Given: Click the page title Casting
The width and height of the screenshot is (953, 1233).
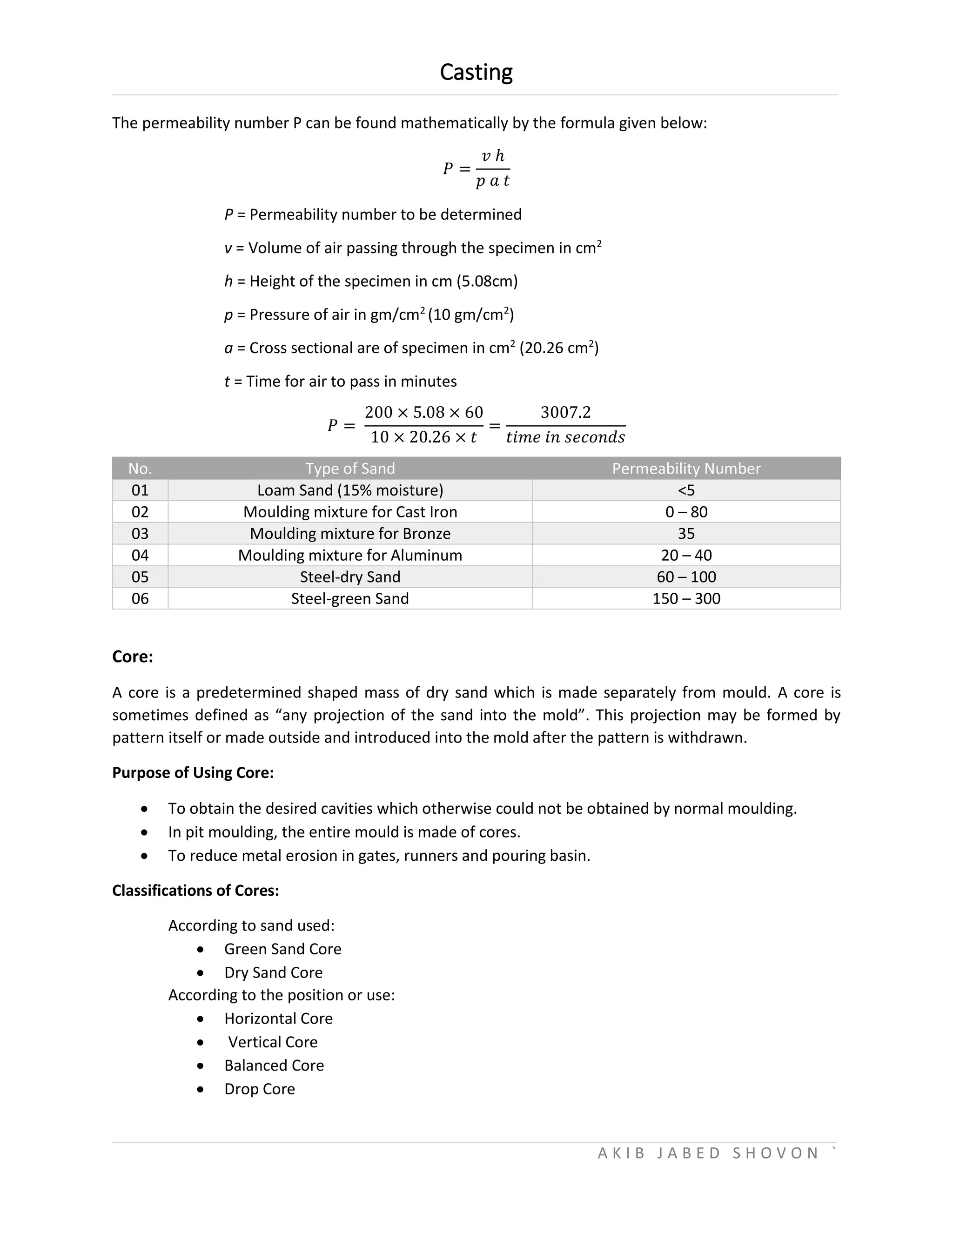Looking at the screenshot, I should (476, 72).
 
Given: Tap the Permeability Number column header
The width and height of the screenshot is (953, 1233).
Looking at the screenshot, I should (686, 469).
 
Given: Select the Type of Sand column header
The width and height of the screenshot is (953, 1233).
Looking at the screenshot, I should (350, 469).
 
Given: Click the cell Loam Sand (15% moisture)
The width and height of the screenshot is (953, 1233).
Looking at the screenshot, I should (350, 490).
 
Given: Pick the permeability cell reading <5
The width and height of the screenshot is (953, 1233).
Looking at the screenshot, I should (686, 490).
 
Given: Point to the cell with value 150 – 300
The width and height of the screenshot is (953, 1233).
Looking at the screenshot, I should (686, 598).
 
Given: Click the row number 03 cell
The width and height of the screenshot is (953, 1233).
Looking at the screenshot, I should (140, 534).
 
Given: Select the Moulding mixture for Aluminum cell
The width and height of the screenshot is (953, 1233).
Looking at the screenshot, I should (350, 555).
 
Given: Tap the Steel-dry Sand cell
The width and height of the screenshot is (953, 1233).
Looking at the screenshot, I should (350, 577).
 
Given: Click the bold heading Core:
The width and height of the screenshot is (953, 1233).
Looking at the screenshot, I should (133, 657).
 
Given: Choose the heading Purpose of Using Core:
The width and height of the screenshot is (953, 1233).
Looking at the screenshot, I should (193, 772).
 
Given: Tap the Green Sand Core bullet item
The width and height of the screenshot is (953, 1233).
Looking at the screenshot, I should (282, 949).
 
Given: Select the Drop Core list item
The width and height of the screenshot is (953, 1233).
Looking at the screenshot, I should (259, 1089).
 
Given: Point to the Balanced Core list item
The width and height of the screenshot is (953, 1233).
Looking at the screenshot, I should (274, 1065).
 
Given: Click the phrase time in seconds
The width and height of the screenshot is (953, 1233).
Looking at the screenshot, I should (565, 437).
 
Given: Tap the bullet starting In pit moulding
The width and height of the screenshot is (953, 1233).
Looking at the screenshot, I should (344, 832).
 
